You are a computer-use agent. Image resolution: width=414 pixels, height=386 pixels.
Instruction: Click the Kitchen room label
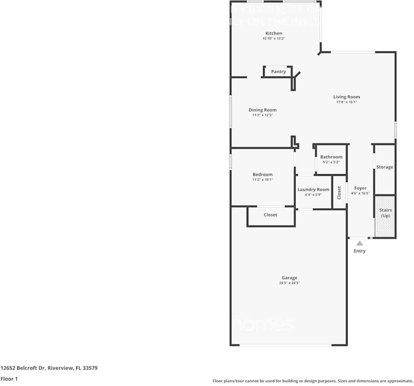point(273,33)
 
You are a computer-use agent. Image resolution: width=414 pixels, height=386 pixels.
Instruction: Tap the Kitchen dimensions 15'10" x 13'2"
point(273,38)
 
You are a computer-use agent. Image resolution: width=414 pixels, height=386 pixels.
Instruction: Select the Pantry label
point(278,72)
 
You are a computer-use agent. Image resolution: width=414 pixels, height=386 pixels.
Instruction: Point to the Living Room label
point(346,97)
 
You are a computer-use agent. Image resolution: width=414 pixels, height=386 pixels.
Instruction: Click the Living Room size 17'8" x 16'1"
point(346,102)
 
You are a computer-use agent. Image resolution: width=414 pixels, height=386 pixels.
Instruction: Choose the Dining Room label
point(262,110)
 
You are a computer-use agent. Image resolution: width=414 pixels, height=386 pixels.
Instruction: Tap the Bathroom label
point(331,157)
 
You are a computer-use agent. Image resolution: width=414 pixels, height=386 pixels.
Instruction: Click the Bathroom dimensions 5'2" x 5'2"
point(331,162)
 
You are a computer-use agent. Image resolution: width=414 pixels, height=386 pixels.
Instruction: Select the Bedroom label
point(262,174)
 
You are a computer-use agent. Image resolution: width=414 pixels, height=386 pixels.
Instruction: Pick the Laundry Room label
point(313,189)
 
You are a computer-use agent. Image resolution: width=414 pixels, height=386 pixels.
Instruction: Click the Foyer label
point(360,188)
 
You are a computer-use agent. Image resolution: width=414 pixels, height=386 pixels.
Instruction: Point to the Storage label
point(384,167)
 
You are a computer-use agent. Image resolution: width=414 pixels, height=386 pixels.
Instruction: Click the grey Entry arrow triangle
point(359,243)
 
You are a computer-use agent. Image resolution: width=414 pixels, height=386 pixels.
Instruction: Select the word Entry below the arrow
point(359,251)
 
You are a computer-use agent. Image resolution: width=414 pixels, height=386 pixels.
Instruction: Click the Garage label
point(289,278)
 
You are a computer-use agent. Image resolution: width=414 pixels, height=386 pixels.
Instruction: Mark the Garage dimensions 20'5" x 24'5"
point(289,283)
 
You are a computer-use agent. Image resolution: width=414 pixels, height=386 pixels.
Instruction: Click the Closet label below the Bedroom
point(270,215)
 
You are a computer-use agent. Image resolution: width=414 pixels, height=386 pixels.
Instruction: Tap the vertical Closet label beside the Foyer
point(339,192)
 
